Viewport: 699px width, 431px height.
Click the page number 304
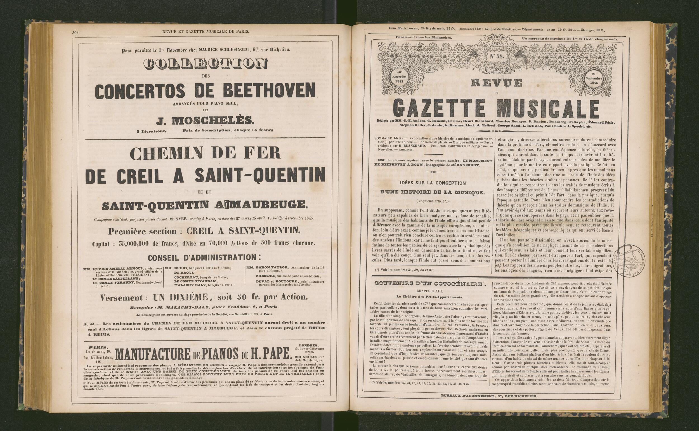click(x=75, y=32)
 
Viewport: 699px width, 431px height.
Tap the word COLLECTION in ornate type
click(x=206, y=64)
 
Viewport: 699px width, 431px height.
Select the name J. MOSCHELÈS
click(x=205, y=121)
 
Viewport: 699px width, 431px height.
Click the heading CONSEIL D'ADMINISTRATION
click(x=204, y=258)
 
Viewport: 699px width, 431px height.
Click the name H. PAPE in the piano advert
click(x=271, y=354)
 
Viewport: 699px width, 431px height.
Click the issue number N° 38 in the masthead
click(x=497, y=56)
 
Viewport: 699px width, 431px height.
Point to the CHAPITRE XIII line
click(x=430, y=291)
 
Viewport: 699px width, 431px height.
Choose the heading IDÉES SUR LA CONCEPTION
click(x=432, y=183)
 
